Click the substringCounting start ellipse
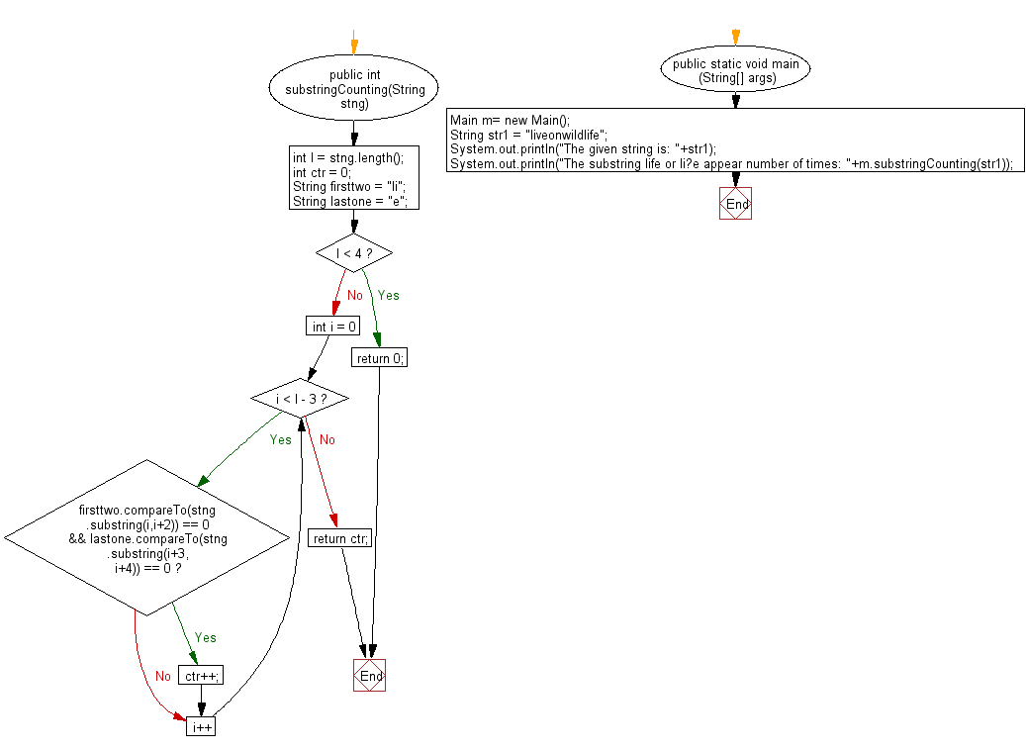353,89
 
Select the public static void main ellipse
735,70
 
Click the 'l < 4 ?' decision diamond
353,253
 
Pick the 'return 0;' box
379,358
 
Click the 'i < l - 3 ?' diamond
301,399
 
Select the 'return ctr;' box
341,538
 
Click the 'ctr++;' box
201,676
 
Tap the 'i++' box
201,726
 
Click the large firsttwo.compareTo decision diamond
146,537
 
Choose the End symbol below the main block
735,203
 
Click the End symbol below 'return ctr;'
369,676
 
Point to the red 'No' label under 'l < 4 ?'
354,295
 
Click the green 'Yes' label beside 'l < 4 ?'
388,295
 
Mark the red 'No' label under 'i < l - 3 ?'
326,439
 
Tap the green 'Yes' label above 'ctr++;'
205,637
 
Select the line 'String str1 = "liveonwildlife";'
528,135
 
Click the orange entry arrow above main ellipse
735,38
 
